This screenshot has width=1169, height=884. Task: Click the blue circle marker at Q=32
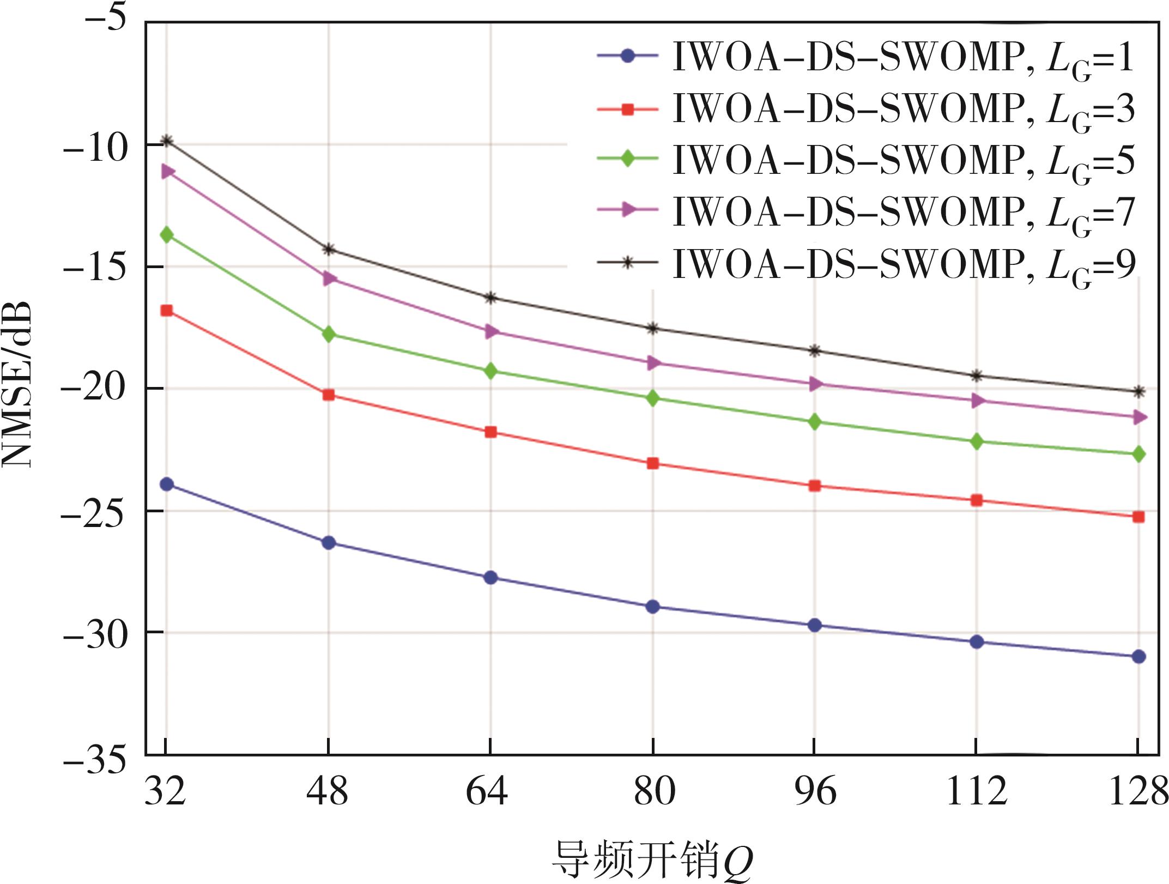pos(166,484)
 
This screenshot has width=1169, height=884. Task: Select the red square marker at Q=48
pos(329,395)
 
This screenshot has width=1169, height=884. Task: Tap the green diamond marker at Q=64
pos(490,372)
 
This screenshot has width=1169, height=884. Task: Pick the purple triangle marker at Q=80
pos(653,363)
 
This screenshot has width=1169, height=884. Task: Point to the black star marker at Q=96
pos(815,350)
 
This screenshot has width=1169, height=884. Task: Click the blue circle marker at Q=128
pos(1138,657)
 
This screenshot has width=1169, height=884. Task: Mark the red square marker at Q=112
pos(977,500)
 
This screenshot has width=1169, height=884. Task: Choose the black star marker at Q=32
pos(167,141)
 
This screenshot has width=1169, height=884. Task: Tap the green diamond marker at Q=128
pos(1138,454)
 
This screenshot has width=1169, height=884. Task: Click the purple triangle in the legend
pos(628,210)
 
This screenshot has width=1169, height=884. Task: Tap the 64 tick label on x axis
pos(487,792)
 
